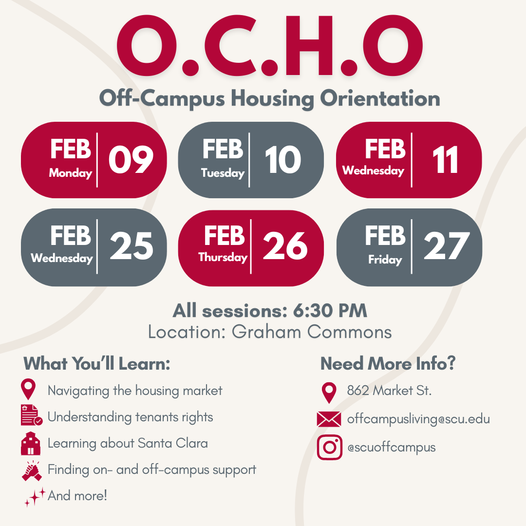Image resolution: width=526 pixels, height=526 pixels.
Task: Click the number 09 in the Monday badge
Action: point(131,160)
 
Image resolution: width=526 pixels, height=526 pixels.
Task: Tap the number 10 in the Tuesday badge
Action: point(283,160)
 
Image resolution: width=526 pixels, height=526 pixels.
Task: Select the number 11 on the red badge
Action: point(445,160)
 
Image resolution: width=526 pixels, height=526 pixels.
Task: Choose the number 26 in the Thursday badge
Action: point(285,246)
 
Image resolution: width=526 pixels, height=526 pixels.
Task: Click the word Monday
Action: point(71,173)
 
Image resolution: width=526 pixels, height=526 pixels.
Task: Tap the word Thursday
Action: point(223,257)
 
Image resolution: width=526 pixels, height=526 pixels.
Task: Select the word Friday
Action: point(385,260)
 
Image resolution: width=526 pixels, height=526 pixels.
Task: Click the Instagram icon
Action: point(330,447)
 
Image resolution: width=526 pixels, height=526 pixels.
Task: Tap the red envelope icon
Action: point(329,419)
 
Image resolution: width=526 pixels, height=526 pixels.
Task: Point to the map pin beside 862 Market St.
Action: point(330,392)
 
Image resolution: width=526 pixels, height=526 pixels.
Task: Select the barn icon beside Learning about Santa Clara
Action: point(31,443)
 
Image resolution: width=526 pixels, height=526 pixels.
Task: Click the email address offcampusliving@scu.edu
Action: point(418,419)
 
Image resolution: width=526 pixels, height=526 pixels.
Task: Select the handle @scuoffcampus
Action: point(391,447)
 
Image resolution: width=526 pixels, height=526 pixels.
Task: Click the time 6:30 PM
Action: point(330,311)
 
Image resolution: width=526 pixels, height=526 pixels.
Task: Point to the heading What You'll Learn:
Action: point(97,364)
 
